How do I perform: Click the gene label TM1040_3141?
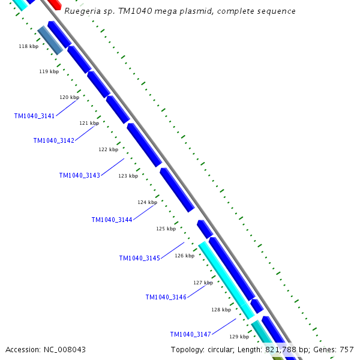[x=34, y=116]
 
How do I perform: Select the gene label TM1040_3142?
[x=53, y=140]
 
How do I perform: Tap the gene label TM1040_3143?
[x=79, y=175]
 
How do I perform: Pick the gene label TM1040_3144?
[x=112, y=220]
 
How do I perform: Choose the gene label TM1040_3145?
[x=139, y=258]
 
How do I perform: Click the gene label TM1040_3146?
[x=166, y=297]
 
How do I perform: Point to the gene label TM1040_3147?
[x=190, y=334]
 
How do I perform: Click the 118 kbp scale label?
[x=28, y=46]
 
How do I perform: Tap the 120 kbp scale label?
[x=69, y=97]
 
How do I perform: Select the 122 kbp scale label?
[x=109, y=149]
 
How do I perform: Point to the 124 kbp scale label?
[x=147, y=202]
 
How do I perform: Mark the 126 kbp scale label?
[x=184, y=256]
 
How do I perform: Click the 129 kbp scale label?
[x=239, y=337]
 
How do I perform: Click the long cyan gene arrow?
[x=226, y=279]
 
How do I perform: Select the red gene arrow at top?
[x=55, y=4]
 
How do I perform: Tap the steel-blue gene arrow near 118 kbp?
[x=50, y=40]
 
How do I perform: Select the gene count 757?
[x=347, y=349]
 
